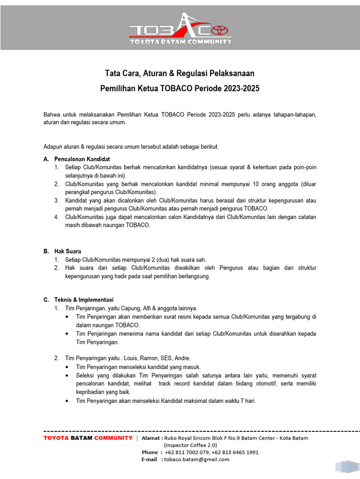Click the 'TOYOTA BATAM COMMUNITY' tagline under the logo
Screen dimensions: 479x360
(180, 42)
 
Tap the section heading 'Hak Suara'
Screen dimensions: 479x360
(67, 251)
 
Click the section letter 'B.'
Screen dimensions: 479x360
(46, 251)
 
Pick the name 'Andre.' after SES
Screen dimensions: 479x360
(181, 358)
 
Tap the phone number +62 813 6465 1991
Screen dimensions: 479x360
(235, 452)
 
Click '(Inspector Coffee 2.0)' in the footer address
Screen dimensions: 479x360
(190, 445)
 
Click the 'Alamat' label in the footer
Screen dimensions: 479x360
(151, 438)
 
